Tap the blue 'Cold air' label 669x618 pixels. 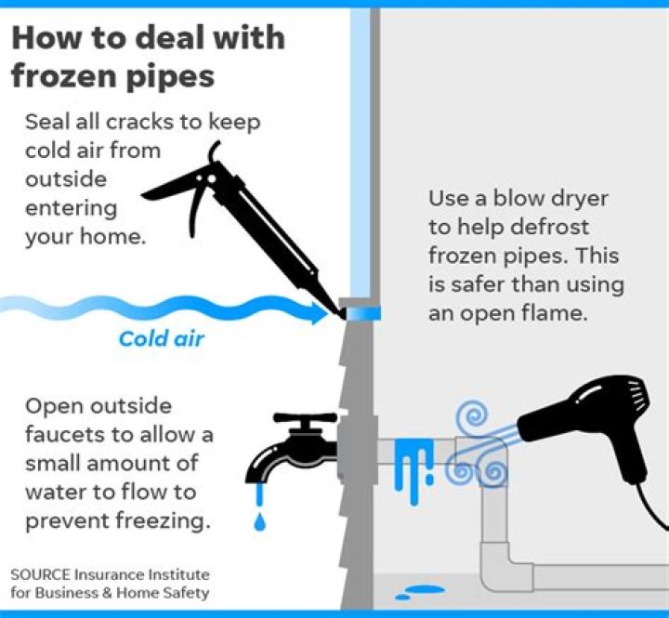click(162, 338)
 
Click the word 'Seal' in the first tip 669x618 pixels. click(46, 123)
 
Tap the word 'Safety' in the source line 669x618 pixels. click(187, 593)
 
